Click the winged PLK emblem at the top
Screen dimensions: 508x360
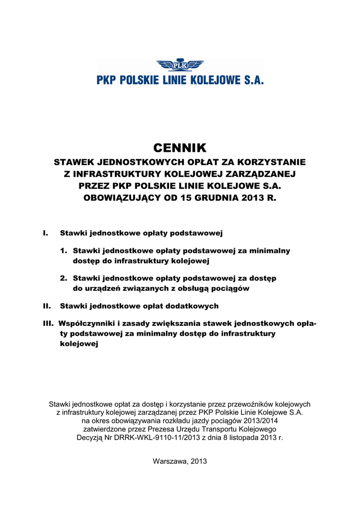180,65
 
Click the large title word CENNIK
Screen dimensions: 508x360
179,148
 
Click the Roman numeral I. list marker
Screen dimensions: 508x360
46,233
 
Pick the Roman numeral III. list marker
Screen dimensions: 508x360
48,323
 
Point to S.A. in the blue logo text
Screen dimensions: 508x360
251,80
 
